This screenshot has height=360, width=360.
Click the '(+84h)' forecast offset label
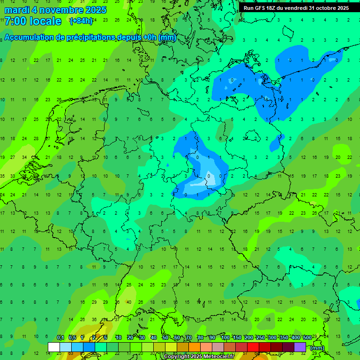81,21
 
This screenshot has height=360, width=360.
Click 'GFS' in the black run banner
260,8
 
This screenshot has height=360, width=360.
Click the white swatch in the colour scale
54,347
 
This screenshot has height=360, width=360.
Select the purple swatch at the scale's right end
300,347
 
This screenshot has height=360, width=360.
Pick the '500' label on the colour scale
307,337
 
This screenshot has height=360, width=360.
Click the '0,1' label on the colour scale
60,337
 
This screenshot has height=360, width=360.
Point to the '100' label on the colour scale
225,337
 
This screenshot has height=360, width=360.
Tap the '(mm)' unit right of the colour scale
317,348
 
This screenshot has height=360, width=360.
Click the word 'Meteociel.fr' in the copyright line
218,357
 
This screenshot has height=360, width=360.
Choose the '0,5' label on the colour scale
72,337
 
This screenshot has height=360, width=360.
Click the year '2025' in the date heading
94,10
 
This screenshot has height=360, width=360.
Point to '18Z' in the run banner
271,8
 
